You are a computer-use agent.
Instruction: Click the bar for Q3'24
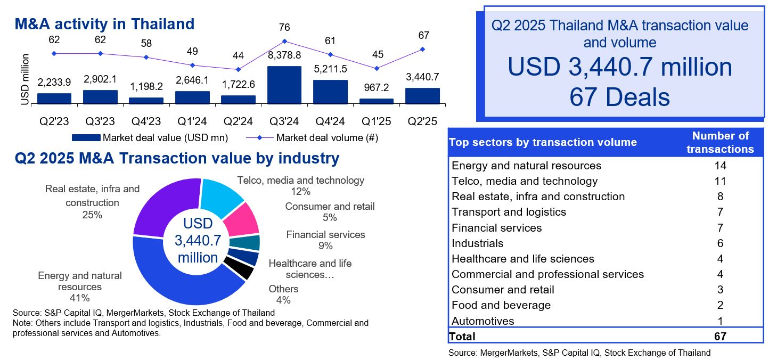point(284,85)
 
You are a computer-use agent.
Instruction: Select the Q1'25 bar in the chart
point(376,101)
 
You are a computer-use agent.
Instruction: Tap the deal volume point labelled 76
point(284,41)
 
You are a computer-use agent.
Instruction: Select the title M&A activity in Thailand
point(104,24)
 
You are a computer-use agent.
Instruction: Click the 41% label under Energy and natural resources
point(80,298)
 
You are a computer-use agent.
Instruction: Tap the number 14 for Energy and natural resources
point(720,166)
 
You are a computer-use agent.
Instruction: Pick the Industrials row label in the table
point(477,243)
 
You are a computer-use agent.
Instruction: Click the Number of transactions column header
point(720,142)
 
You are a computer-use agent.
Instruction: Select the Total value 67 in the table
point(720,336)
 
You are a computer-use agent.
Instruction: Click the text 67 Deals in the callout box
point(619,97)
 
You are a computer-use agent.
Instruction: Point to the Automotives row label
point(482,321)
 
